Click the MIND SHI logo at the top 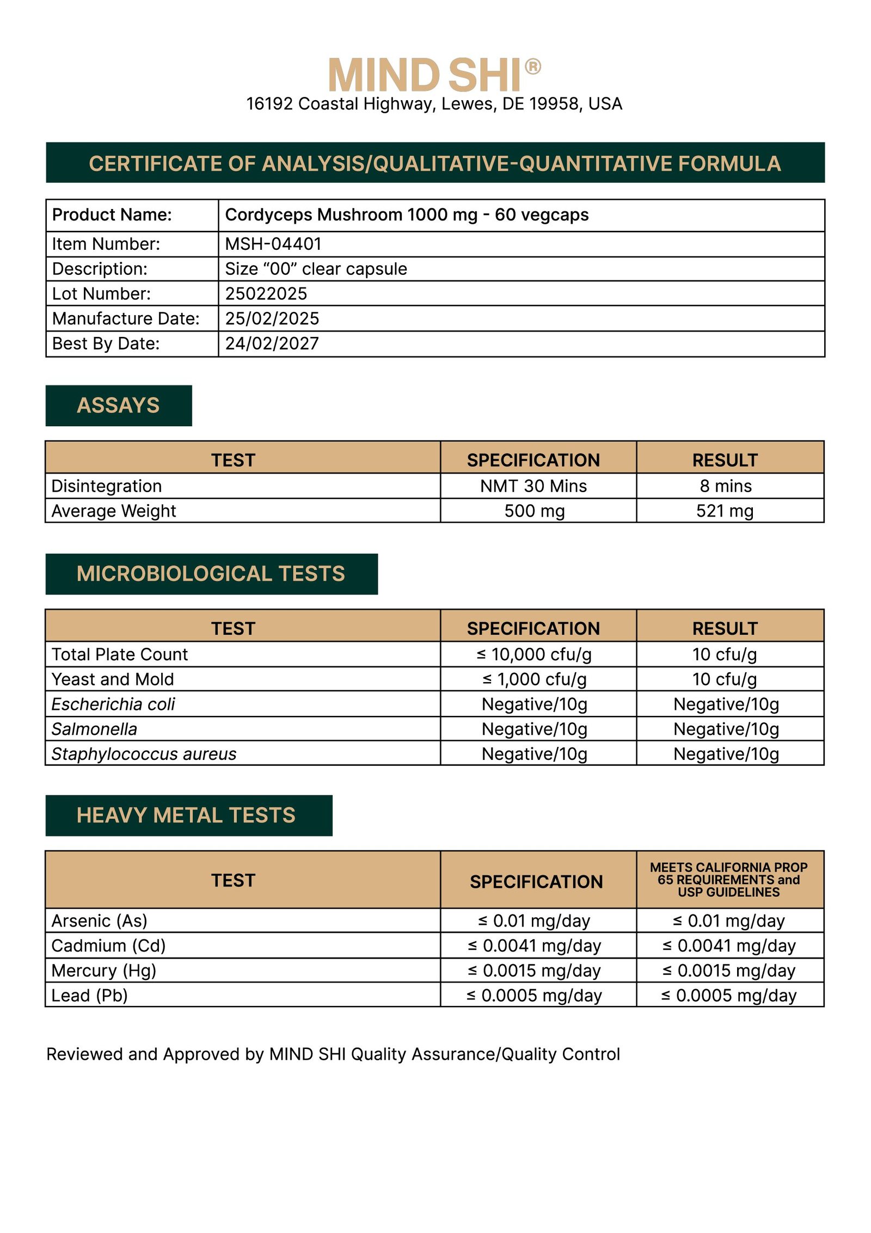[425, 75]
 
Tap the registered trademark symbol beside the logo [532, 66]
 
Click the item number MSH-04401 [273, 244]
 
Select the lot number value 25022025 [266, 293]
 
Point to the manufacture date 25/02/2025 [272, 318]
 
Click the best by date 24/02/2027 [272, 343]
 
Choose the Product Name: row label [112, 215]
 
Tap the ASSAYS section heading [118, 406]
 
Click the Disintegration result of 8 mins [726, 486]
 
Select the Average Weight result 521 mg [725, 511]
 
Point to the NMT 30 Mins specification [533, 486]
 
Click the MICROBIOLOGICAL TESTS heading [211, 574]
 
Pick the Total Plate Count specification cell [533, 654]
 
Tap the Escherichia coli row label [113, 704]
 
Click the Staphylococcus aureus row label [144, 754]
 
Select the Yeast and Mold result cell [725, 679]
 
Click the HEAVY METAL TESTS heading [186, 815]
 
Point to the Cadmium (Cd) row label [108, 946]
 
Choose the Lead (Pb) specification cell [534, 996]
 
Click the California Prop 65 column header [728, 880]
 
